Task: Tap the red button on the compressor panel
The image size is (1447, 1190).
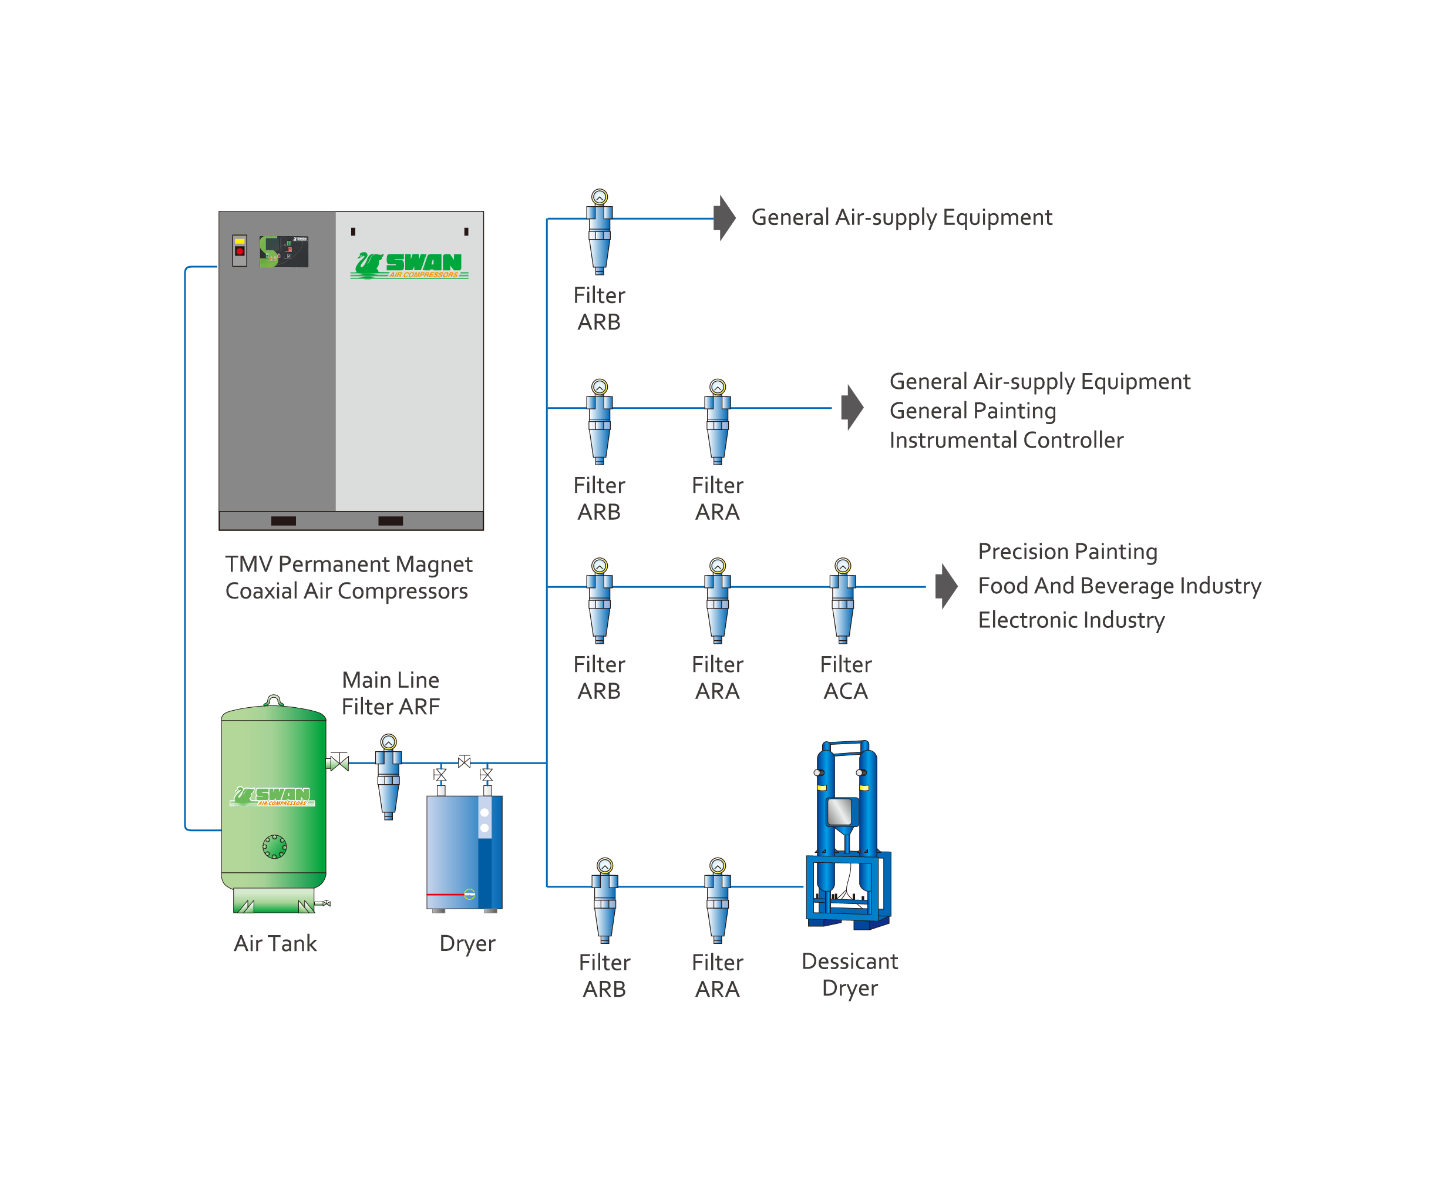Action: (239, 251)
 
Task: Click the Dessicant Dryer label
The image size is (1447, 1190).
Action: (849, 974)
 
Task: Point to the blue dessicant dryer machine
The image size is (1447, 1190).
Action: (849, 834)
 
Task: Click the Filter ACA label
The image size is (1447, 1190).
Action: (845, 677)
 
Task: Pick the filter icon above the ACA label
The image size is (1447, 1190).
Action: (843, 600)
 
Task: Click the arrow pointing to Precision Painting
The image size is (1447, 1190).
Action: (947, 586)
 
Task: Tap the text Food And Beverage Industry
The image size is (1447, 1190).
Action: (1119, 586)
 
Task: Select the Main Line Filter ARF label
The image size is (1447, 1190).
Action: (391, 693)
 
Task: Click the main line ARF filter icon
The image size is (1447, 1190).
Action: (389, 776)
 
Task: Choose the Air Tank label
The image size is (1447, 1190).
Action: (275, 943)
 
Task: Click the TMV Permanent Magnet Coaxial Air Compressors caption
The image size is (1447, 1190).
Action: (349, 577)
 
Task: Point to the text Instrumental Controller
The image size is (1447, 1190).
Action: (1006, 440)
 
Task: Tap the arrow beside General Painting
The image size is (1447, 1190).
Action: (852, 407)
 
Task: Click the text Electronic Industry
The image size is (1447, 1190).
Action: (1071, 620)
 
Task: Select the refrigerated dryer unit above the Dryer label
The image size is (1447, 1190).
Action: (465, 853)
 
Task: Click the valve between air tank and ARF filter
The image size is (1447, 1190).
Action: (339, 762)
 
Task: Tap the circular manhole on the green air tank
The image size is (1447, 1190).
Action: (275, 846)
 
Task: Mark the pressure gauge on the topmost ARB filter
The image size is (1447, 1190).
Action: (599, 197)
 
